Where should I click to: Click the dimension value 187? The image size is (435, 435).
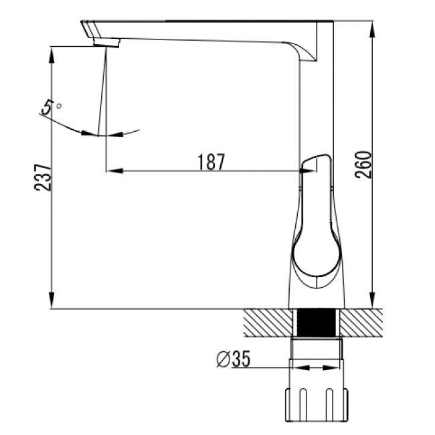pyautogui.click(x=211, y=162)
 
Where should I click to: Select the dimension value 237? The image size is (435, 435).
pyautogui.click(x=43, y=177)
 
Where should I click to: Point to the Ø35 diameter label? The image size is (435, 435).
pyautogui.click(x=233, y=359)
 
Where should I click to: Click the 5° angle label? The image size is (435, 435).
pyautogui.click(x=51, y=107)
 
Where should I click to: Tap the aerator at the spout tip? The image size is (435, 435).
pyautogui.click(x=107, y=42)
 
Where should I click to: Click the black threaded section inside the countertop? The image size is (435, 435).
pyautogui.click(x=317, y=323)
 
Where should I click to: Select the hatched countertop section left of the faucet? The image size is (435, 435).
pyautogui.click(x=268, y=323)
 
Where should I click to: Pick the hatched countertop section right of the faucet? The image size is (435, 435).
pyautogui.click(x=361, y=323)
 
